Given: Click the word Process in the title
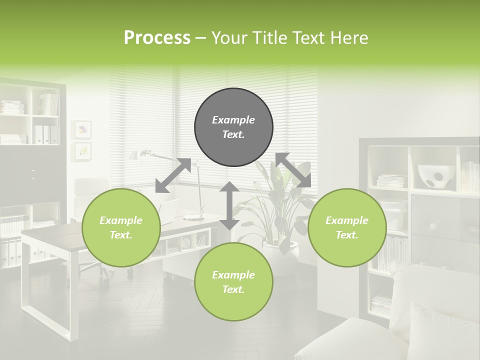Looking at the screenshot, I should point(157,38).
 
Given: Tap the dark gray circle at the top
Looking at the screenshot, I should point(233,127).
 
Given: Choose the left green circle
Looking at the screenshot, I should point(121,227).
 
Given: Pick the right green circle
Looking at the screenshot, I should point(347,227).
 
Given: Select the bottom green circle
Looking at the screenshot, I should point(233,282).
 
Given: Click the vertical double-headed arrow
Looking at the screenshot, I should point(229,205).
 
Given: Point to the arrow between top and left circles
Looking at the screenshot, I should point(173,175).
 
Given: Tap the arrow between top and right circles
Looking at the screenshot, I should point(293,170).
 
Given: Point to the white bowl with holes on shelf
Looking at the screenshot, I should point(433,176).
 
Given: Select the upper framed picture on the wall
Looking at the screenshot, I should point(83,129).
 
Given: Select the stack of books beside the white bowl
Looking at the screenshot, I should point(391,181).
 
